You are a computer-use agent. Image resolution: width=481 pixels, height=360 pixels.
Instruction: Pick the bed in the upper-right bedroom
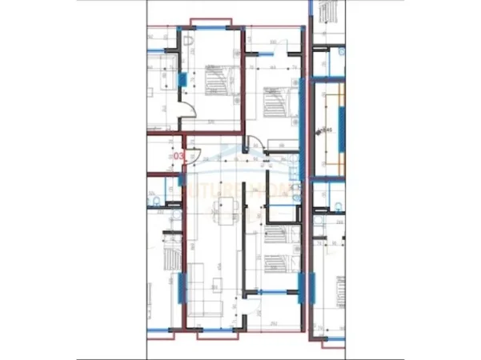click(275, 101)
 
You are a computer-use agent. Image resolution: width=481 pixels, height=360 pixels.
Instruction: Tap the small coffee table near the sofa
click(220, 280)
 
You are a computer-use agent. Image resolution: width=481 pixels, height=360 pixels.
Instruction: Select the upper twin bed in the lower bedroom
click(275, 238)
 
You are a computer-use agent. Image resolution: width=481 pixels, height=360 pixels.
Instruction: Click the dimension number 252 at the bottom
click(273, 324)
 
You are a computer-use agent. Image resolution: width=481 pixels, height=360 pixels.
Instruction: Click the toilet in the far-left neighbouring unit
click(157, 199)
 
